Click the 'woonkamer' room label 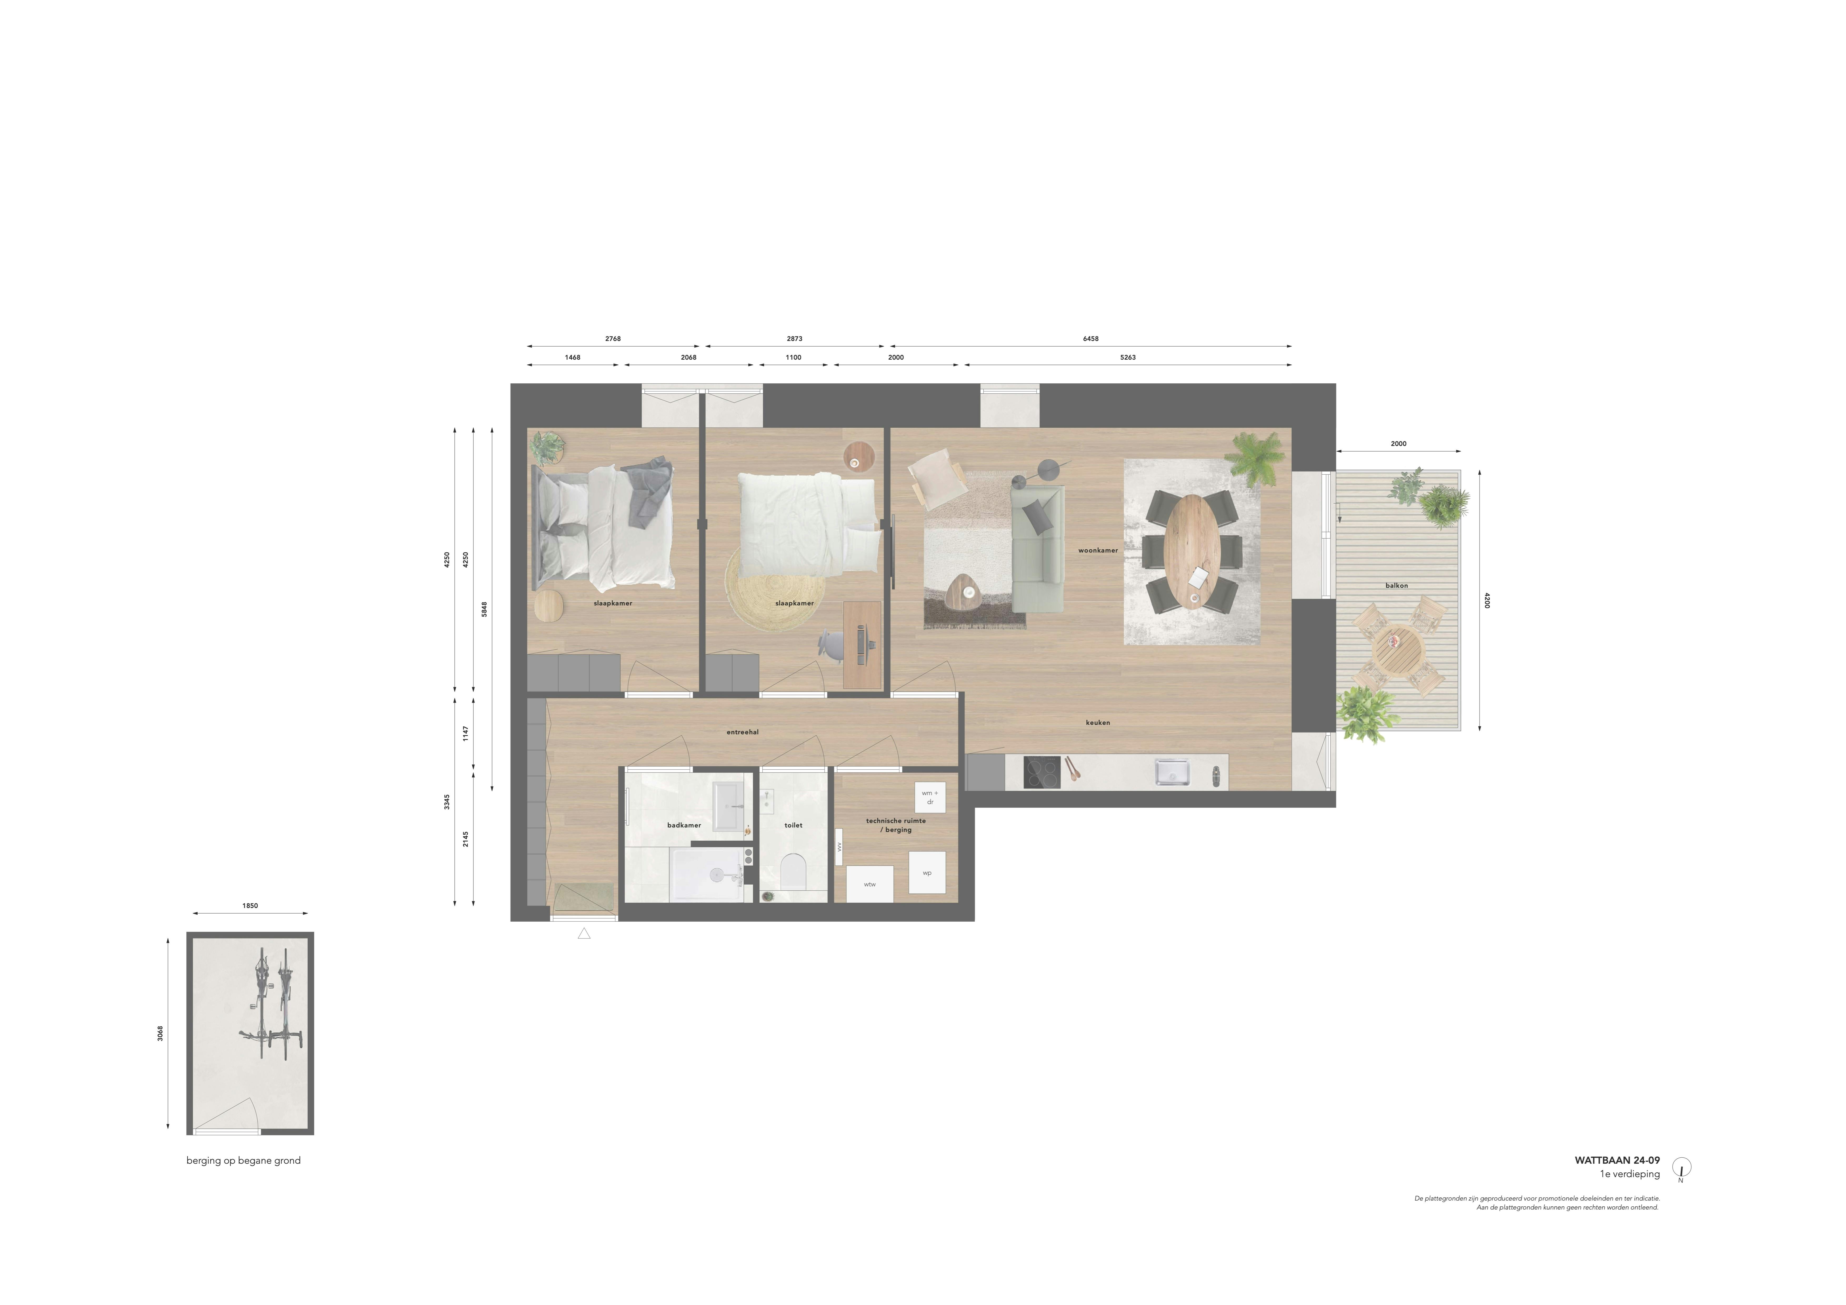pyautogui.click(x=1098, y=551)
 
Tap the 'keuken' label pyautogui.click(x=1098, y=723)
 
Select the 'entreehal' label pyautogui.click(x=742, y=732)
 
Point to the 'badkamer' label pyautogui.click(x=683, y=825)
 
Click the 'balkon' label pyautogui.click(x=1397, y=585)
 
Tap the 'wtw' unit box pyautogui.click(x=869, y=885)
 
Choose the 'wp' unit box pyautogui.click(x=927, y=872)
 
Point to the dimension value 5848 pyautogui.click(x=484, y=610)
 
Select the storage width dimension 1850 pyautogui.click(x=250, y=905)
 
